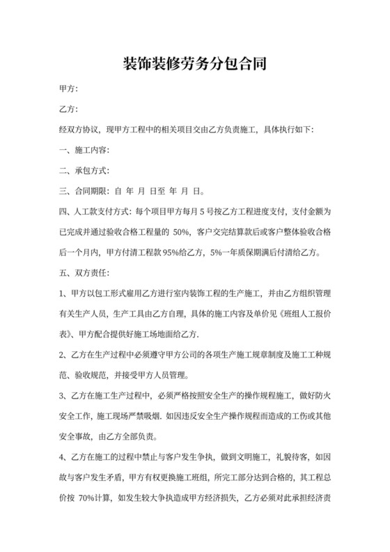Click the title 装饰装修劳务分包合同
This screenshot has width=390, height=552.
tap(195, 64)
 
